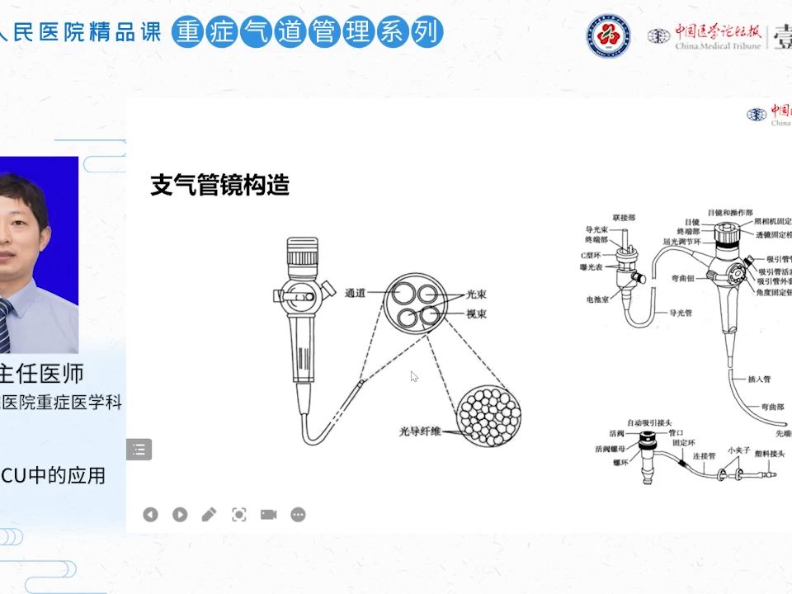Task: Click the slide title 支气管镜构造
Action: point(219,186)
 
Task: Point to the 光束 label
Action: point(478,293)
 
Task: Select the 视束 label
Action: point(478,313)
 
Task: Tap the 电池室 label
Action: point(596,300)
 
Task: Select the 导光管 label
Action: point(680,313)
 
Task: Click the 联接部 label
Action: point(624,216)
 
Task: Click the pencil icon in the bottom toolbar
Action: point(209,515)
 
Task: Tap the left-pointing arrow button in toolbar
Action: point(150,515)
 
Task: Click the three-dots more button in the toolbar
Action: point(298,515)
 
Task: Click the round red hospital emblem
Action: point(608,36)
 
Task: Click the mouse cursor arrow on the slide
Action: point(414,376)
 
